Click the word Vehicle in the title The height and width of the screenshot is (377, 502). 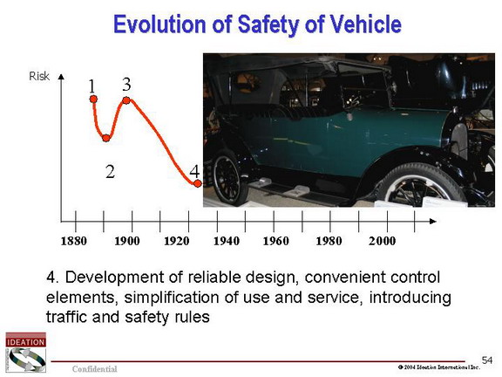click(x=366, y=24)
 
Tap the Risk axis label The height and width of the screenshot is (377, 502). click(x=39, y=76)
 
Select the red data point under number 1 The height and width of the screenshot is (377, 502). click(x=93, y=99)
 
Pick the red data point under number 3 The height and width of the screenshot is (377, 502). click(x=126, y=100)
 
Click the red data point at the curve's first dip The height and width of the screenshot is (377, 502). click(x=106, y=138)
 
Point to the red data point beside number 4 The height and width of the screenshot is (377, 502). click(x=198, y=183)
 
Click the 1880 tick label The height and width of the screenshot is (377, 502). click(x=73, y=241)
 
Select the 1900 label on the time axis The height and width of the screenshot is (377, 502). click(x=126, y=241)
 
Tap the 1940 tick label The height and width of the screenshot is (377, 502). click(x=226, y=241)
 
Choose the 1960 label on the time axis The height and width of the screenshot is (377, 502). click(x=275, y=241)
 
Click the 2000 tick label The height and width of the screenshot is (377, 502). click(x=382, y=241)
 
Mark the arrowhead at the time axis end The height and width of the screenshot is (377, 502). click(x=432, y=221)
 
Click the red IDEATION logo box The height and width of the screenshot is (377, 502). click(x=25, y=340)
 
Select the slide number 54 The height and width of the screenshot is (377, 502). click(x=487, y=360)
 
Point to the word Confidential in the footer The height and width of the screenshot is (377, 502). click(x=94, y=368)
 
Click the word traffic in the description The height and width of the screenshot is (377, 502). click(x=66, y=317)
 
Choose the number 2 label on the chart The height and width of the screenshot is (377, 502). click(x=110, y=172)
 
